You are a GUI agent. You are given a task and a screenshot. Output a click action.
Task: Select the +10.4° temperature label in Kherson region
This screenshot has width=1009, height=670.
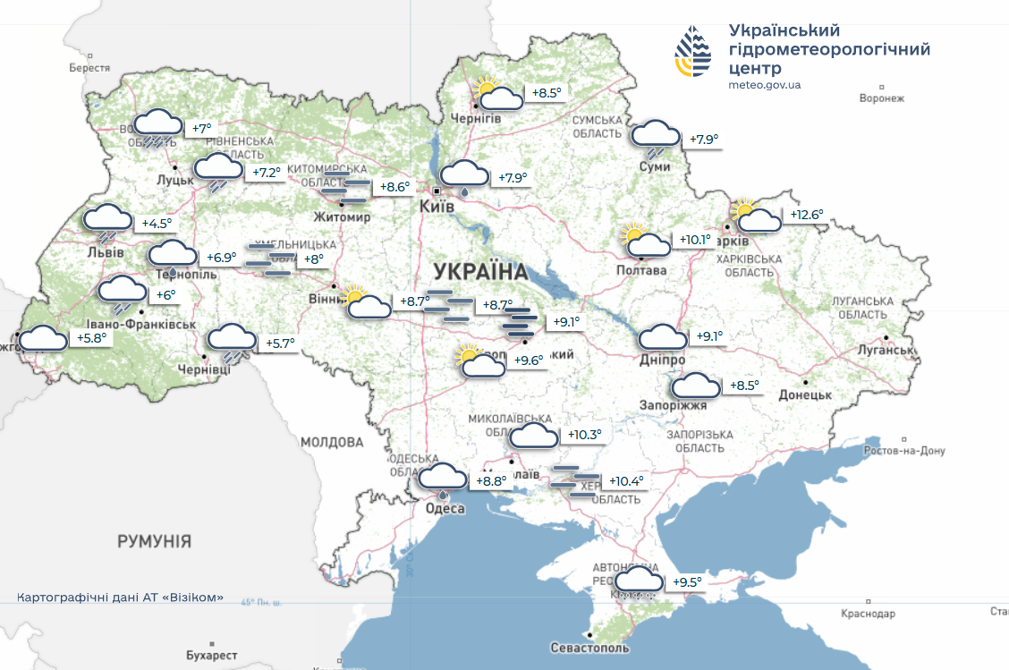625,481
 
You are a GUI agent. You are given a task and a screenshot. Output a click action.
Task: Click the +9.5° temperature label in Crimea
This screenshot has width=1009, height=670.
686,582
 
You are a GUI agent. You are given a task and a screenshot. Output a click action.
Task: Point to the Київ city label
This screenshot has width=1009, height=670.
437,206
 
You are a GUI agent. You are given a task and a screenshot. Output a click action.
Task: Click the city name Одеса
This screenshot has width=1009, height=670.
445,508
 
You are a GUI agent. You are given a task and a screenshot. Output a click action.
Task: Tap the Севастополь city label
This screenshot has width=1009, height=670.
589,648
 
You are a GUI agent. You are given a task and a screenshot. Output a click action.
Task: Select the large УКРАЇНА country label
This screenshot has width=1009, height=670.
479,269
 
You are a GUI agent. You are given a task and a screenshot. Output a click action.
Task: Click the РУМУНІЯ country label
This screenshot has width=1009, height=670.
154,541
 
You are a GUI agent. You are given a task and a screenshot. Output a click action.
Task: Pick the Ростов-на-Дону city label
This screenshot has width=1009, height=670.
903,451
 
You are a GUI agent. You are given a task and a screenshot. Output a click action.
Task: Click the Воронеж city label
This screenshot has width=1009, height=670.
881,98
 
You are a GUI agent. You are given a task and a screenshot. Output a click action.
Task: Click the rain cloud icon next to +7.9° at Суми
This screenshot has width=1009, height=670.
656,139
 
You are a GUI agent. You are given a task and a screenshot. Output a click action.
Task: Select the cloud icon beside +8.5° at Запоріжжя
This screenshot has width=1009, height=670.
695,386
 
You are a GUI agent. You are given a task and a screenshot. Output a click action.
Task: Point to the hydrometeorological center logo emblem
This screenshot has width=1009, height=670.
694,52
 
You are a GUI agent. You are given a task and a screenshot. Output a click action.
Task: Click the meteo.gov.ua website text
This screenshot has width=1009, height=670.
765,86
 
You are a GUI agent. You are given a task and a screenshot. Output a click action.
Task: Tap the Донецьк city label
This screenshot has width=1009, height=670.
804,394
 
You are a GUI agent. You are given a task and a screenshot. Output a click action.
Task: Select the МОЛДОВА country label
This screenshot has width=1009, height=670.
332,442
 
